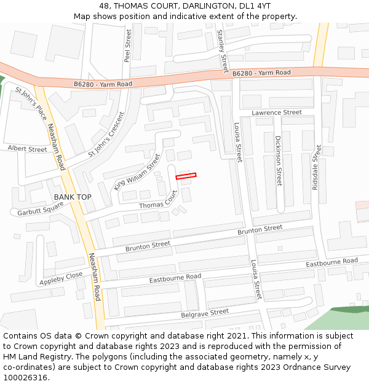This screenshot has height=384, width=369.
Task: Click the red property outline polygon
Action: click(186, 176)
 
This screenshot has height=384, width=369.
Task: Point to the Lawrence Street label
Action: click(277, 112)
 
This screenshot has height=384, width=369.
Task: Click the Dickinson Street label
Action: click(278, 161)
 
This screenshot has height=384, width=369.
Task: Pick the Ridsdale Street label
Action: click(316, 167)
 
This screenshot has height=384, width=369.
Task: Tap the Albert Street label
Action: click(27, 149)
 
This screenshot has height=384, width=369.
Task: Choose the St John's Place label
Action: click(31, 103)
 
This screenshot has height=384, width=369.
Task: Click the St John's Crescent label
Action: click(106, 133)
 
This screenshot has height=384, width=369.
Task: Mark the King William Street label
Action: click(137, 171)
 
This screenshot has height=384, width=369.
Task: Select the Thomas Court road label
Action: click(158, 200)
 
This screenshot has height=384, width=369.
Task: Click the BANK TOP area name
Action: click(73, 197)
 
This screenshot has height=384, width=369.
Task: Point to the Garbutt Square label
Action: click(39, 209)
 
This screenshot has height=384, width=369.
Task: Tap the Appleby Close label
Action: click(61, 278)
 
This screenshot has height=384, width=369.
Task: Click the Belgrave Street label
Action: click(205, 313)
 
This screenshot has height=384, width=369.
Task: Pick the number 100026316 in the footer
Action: click(25, 377)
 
